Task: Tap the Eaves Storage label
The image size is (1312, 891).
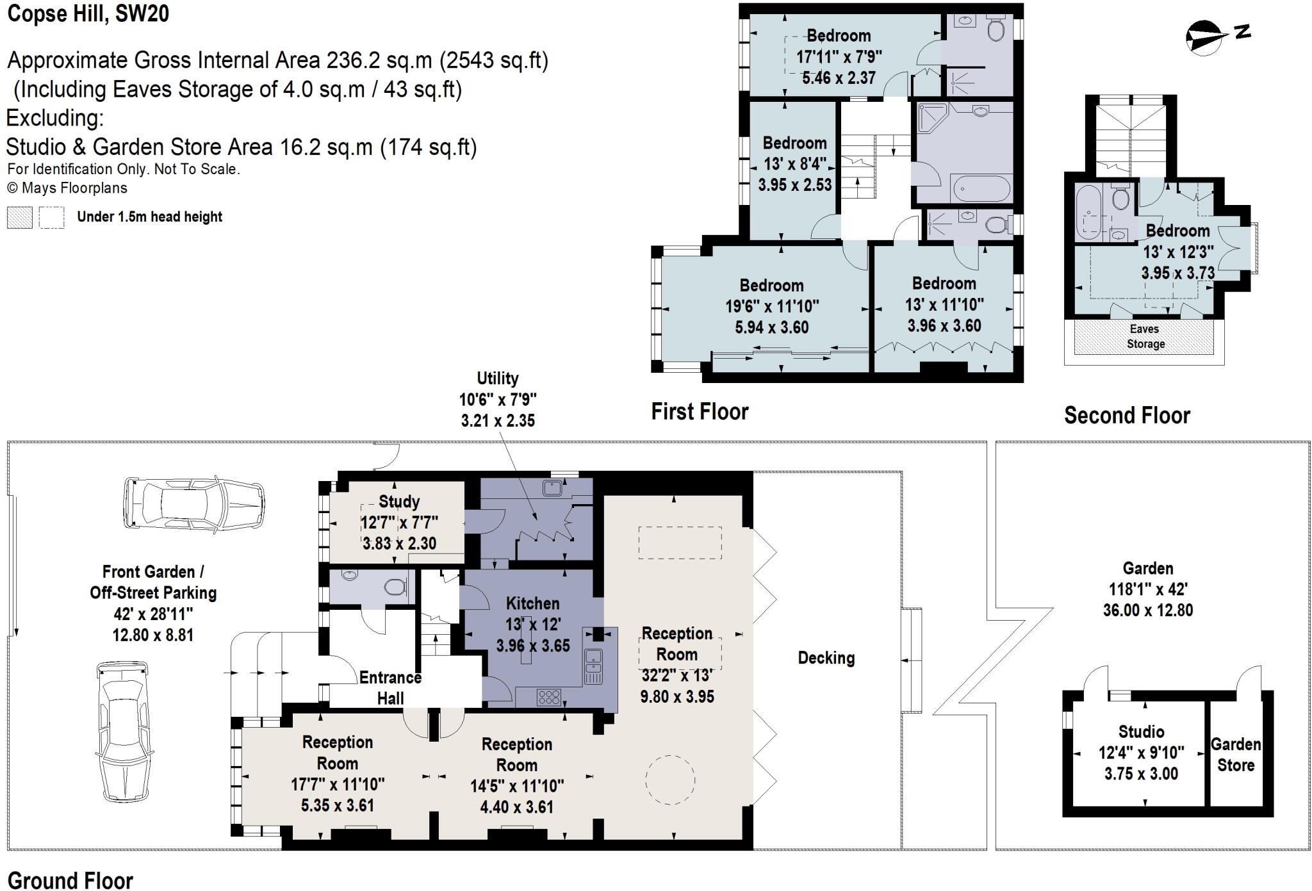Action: (x=1145, y=336)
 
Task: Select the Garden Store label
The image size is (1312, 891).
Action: (x=1236, y=755)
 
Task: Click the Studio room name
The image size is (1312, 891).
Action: (x=1141, y=732)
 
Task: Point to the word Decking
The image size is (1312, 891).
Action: (x=826, y=658)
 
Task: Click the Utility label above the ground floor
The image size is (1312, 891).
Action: (x=498, y=378)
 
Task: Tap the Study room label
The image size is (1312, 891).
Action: (x=399, y=501)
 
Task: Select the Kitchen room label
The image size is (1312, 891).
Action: (x=532, y=603)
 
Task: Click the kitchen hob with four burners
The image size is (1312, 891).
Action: (x=549, y=696)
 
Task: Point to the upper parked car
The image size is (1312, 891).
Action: (x=193, y=503)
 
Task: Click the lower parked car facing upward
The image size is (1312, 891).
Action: (x=124, y=732)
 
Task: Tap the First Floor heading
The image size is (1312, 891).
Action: (x=700, y=411)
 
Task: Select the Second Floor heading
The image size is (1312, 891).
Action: (x=1127, y=415)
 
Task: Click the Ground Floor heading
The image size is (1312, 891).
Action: (x=70, y=880)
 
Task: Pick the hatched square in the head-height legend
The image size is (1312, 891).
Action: (x=19, y=217)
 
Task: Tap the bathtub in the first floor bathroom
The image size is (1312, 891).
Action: (x=981, y=189)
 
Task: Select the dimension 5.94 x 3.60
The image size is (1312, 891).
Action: (x=771, y=327)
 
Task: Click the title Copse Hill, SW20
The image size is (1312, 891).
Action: (x=88, y=13)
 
